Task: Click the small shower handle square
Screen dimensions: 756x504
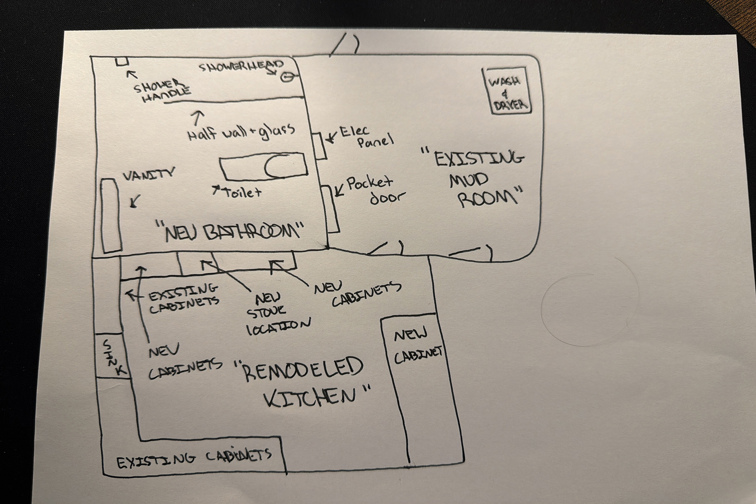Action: tap(121, 61)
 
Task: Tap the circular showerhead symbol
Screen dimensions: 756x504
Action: tap(286, 78)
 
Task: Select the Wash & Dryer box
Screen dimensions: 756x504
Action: tap(506, 91)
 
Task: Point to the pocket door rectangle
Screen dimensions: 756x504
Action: tap(331, 209)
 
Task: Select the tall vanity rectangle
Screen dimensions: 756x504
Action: tap(111, 216)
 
